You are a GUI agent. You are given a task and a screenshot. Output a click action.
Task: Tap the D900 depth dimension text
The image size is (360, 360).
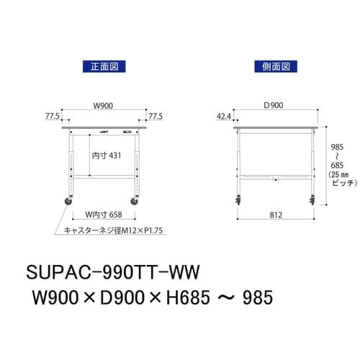click(x=274, y=105)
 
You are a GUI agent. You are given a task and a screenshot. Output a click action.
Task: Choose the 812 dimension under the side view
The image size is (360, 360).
click(x=275, y=215)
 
